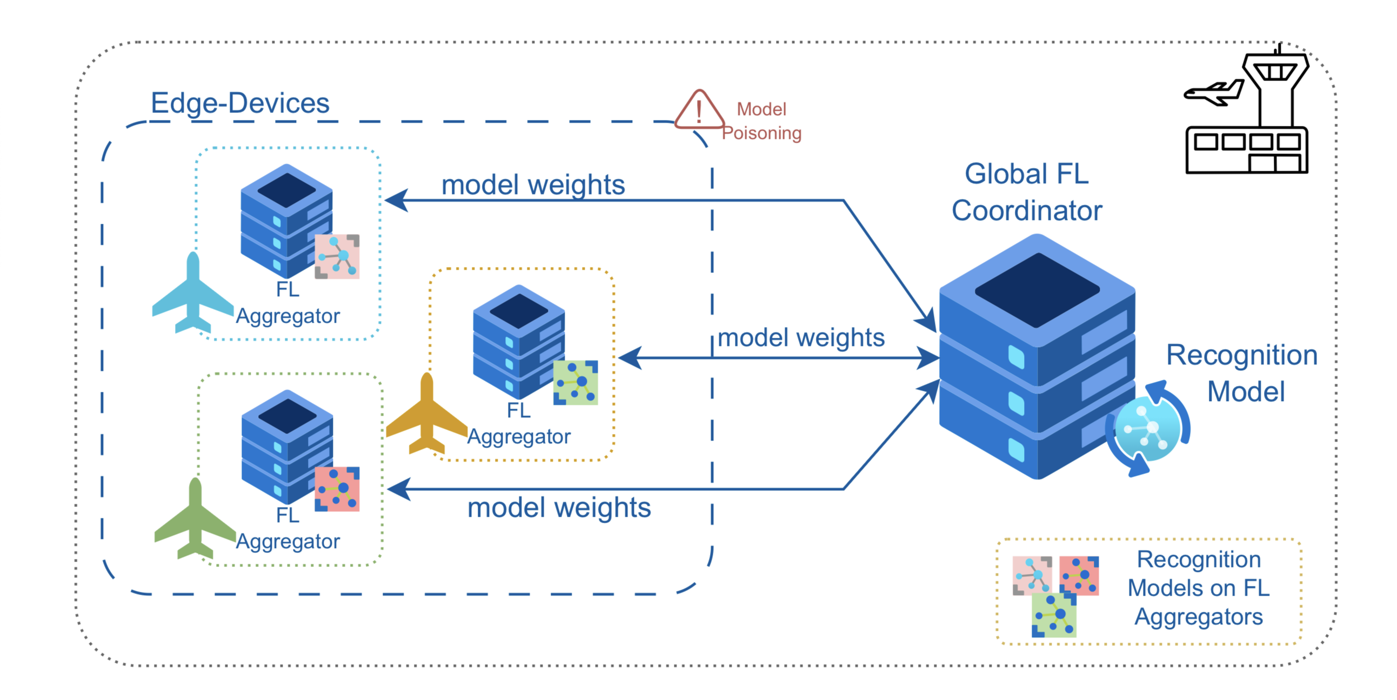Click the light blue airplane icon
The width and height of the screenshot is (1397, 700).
(x=192, y=296)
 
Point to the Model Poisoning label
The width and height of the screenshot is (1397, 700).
(x=761, y=121)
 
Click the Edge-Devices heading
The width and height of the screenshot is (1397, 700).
(x=240, y=103)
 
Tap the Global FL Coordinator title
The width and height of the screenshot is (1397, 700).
(x=1027, y=192)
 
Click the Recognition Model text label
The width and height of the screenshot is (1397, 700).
(x=1242, y=374)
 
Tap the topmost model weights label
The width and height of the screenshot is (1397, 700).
(x=533, y=184)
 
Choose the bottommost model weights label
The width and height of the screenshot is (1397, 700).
(x=559, y=508)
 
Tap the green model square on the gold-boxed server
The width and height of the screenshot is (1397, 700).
(x=576, y=383)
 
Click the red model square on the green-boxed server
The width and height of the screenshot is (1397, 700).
(x=337, y=489)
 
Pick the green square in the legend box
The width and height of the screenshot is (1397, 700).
(x=1054, y=615)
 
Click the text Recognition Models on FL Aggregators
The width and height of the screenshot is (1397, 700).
(x=1199, y=588)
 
